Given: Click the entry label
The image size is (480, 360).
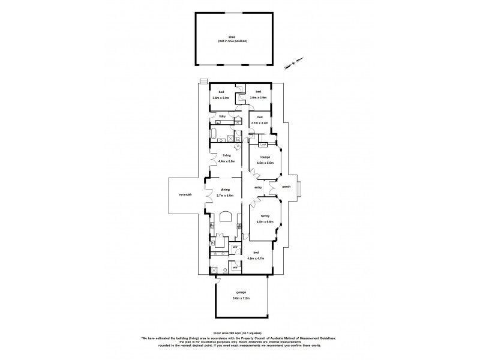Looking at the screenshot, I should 258,187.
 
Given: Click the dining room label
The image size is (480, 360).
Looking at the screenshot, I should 225,190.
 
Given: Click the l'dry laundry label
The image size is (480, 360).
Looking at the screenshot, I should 222,116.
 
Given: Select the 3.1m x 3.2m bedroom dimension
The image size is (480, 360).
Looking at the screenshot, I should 259,122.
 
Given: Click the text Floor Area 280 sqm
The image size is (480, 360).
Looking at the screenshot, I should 232,331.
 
